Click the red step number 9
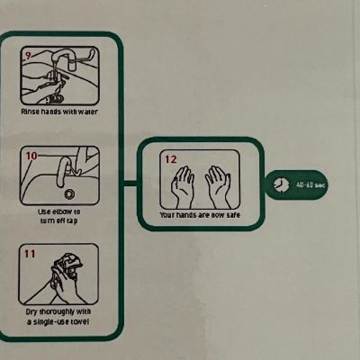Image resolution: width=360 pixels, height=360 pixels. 28,56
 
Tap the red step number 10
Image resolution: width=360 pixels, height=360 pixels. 31,156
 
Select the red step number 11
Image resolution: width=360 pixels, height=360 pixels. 30,254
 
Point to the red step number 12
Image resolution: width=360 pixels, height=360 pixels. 171,159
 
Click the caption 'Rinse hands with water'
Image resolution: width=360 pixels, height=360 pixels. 59,112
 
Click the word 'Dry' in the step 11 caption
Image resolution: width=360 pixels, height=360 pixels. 31,312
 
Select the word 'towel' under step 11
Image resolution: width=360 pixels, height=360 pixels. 79,322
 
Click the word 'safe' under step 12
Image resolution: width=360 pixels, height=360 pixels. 233,215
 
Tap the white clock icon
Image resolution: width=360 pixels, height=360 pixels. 282,184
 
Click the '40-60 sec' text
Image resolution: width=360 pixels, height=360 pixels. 310,184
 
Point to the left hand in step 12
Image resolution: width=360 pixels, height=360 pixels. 182,187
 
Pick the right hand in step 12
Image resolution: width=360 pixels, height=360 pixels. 219,187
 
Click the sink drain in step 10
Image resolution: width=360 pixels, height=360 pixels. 69,194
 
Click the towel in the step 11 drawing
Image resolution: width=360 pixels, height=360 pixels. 68,265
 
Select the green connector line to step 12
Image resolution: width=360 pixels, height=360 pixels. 130,184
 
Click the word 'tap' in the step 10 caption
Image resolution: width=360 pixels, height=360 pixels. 72,221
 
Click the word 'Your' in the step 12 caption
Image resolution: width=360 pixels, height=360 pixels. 166,215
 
